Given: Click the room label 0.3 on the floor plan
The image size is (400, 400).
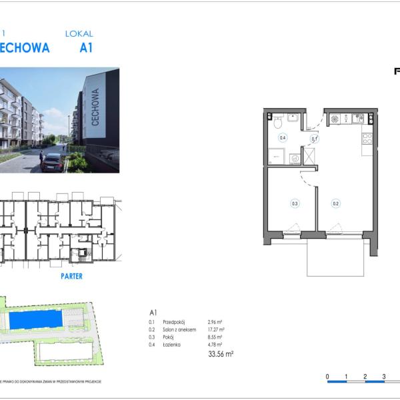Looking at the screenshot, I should pyautogui.click(x=294, y=204).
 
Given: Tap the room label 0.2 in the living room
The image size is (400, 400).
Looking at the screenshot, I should pyautogui.click(x=336, y=204).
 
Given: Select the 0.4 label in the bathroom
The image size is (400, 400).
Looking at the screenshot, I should pyautogui.click(x=283, y=138).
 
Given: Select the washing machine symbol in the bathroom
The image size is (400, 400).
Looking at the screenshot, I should pyautogui.click(x=294, y=159).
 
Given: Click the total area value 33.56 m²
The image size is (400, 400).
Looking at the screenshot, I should pyautogui.click(x=221, y=354).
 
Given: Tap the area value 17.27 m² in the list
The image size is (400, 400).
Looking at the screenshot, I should pyautogui.click(x=216, y=329).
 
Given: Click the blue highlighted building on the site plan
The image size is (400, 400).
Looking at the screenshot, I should pyautogui.click(x=38, y=320).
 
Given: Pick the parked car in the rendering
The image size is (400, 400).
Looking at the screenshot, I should pyautogui.click(x=52, y=162).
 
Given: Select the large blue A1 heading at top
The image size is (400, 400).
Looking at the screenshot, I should pyautogui.click(x=86, y=48).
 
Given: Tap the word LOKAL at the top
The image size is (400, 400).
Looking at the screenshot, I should pyautogui.click(x=79, y=33).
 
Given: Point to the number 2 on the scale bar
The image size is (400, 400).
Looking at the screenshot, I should pyautogui.click(x=365, y=377).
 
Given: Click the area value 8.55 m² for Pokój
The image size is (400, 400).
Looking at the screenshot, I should pyautogui.click(x=215, y=337).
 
